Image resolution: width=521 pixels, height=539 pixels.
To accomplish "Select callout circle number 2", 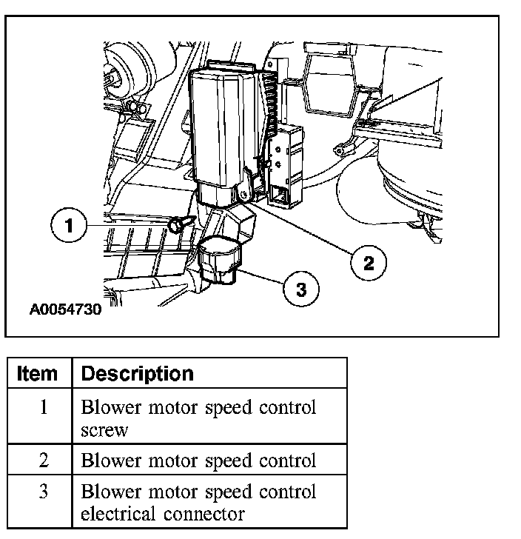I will pos(368,261).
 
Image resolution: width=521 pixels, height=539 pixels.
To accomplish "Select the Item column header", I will pos(38,374).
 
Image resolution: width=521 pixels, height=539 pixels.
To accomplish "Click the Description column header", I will pos(137,374).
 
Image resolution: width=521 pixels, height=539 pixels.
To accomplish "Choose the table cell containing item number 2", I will pos(44,460).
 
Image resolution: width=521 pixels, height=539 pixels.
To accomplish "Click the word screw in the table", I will pos(104,429).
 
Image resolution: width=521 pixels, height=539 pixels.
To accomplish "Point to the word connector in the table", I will pos(208,512).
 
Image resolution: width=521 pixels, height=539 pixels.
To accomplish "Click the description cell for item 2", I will pos(198,460).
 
